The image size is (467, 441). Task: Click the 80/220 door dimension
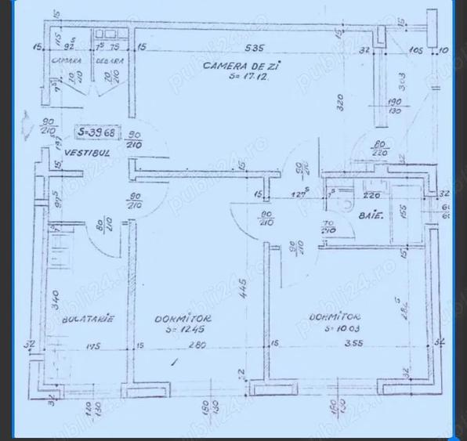pos(380,148)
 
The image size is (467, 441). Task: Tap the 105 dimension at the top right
pos(415,49)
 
